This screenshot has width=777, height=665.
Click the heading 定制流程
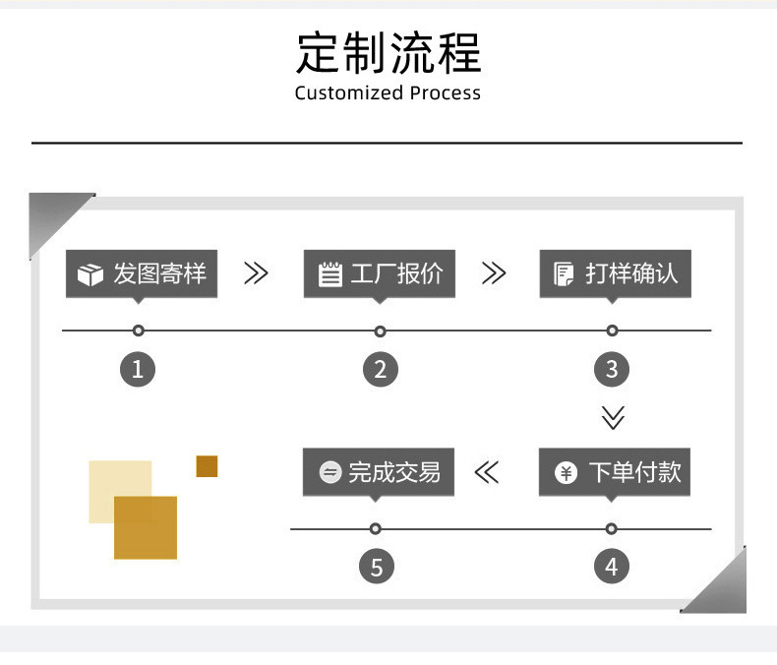coord(388,52)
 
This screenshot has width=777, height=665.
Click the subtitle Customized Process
coord(388,93)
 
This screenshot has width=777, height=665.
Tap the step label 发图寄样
coord(159,273)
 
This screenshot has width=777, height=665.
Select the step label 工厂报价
coord(396,273)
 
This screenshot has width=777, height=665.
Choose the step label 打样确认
coord(631,273)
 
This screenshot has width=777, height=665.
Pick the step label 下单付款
coord(634,472)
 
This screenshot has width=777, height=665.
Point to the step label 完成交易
coord(394,472)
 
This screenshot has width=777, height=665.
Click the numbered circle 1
coord(138,369)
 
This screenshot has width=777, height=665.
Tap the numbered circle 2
coord(380,369)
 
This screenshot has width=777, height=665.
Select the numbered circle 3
coord(612,369)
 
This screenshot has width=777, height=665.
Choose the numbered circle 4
coord(612,567)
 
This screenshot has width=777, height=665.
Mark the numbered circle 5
coord(376,567)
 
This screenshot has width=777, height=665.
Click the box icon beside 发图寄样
coord(90,274)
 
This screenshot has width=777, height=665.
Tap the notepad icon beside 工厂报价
coord(330,273)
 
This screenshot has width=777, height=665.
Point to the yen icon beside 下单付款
coord(566,473)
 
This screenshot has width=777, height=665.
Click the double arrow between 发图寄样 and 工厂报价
coord(256,273)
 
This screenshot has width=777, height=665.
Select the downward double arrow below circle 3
coord(613,418)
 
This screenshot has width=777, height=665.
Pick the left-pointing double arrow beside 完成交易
coord(487,472)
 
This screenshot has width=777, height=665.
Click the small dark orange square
coord(207,466)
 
